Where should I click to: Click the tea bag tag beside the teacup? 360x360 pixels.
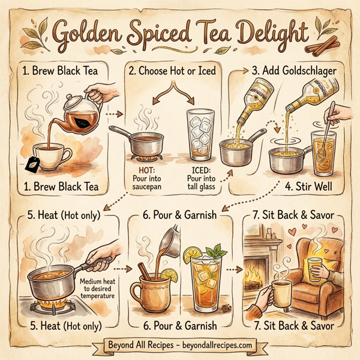click(32, 160)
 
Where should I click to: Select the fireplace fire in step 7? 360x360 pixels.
click(255, 276)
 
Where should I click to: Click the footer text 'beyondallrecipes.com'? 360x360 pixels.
click(222, 346)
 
